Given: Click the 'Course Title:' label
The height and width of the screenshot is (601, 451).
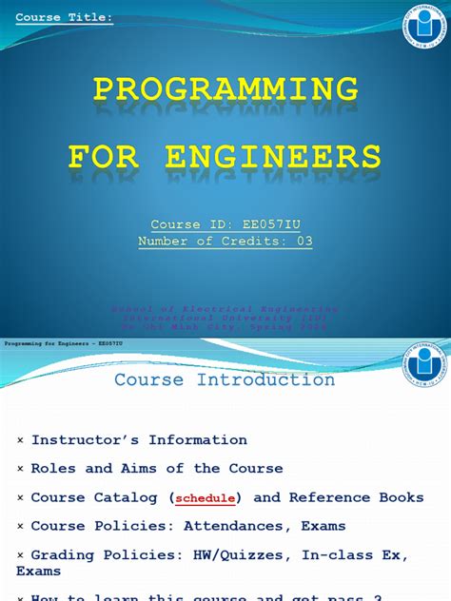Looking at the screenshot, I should [x=65, y=17].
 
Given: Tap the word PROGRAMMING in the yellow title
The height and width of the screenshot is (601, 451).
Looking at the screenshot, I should [x=225, y=89].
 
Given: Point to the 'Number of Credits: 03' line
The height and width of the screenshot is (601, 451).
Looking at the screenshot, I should [x=225, y=242].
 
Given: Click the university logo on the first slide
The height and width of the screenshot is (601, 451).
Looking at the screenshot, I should [x=423, y=27].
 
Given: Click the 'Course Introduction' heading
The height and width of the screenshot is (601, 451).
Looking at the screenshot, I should [x=225, y=380].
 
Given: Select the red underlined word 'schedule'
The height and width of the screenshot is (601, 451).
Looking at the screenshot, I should [x=206, y=497].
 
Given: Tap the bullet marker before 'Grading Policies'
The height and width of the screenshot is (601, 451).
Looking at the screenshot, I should [x=21, y=554].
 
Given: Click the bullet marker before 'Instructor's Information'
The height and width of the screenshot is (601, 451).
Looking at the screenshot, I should [x=21, y=440].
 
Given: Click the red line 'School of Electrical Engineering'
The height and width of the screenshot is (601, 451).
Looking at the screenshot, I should [x=225, y=309].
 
